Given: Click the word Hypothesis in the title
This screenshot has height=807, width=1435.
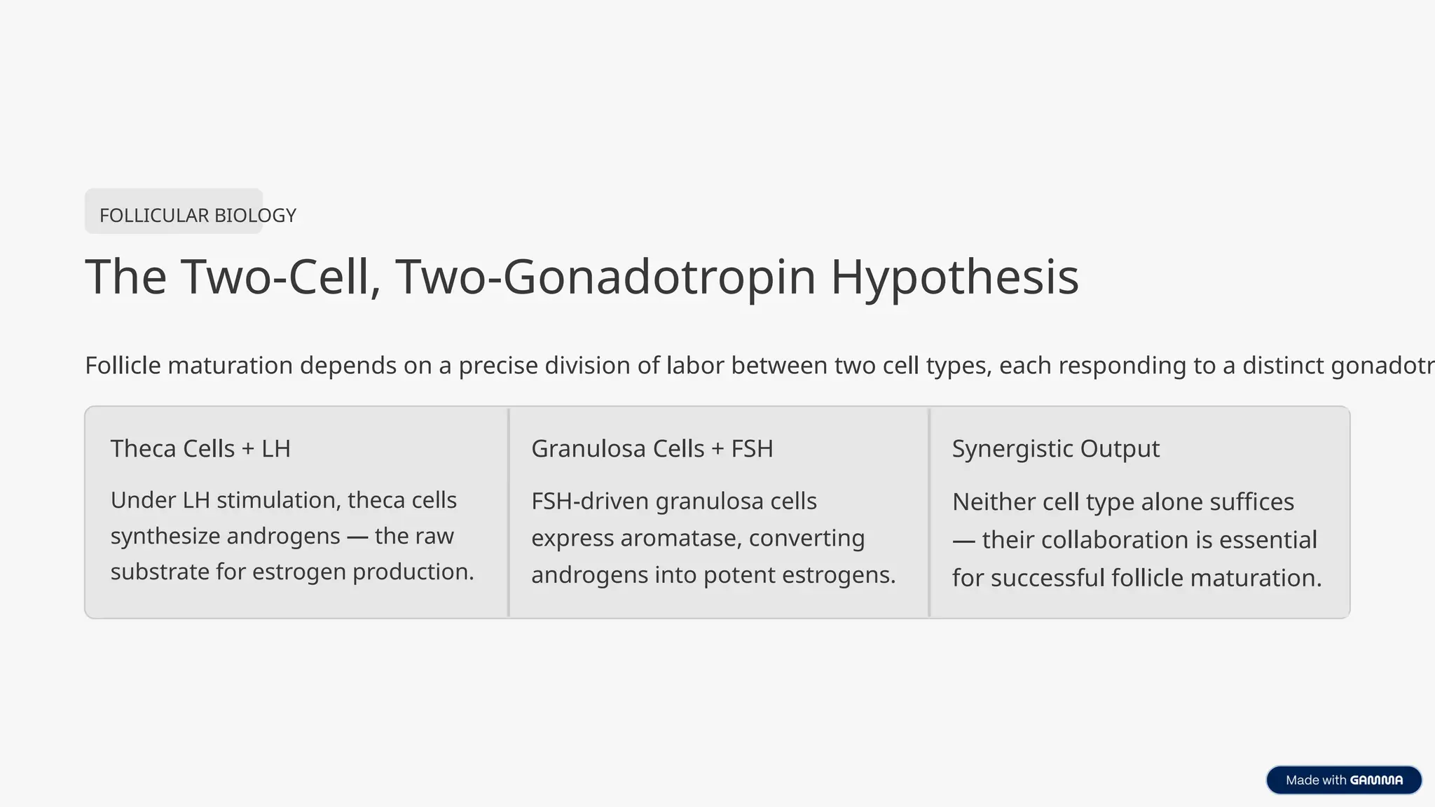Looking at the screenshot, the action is (x=954, y=277).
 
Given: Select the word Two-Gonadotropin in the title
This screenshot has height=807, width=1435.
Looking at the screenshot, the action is (x=606, y=277).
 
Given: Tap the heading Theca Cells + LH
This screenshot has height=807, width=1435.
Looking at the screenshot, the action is (x=200, y=448).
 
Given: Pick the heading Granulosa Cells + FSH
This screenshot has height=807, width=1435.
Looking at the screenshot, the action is (x=652, y=448).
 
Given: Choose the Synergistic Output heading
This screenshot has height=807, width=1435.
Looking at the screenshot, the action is (x=1056, y=449).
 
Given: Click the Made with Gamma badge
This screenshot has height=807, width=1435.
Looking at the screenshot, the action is (x=1344, y=780).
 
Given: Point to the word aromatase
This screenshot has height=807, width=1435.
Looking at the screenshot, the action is (x=681, y=538).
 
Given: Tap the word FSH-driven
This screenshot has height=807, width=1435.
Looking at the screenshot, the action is (x=590, y=502).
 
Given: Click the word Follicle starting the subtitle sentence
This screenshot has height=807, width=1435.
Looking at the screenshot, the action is (x=123, y=366).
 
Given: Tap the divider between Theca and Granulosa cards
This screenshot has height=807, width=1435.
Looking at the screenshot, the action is (x=509, y=512).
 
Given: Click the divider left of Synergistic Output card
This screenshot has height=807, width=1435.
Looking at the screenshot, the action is (x=929, y=512).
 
